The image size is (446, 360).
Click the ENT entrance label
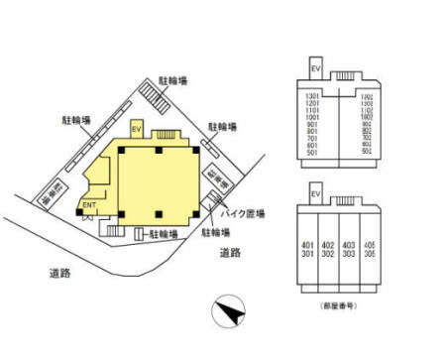88,205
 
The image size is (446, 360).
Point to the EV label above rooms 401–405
316,195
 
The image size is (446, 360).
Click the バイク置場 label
241,213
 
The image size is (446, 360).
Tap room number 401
308,244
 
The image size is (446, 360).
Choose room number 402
328,244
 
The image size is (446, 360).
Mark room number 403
348,244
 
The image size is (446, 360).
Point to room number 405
369,244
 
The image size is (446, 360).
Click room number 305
369,254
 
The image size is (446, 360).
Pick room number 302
328,254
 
